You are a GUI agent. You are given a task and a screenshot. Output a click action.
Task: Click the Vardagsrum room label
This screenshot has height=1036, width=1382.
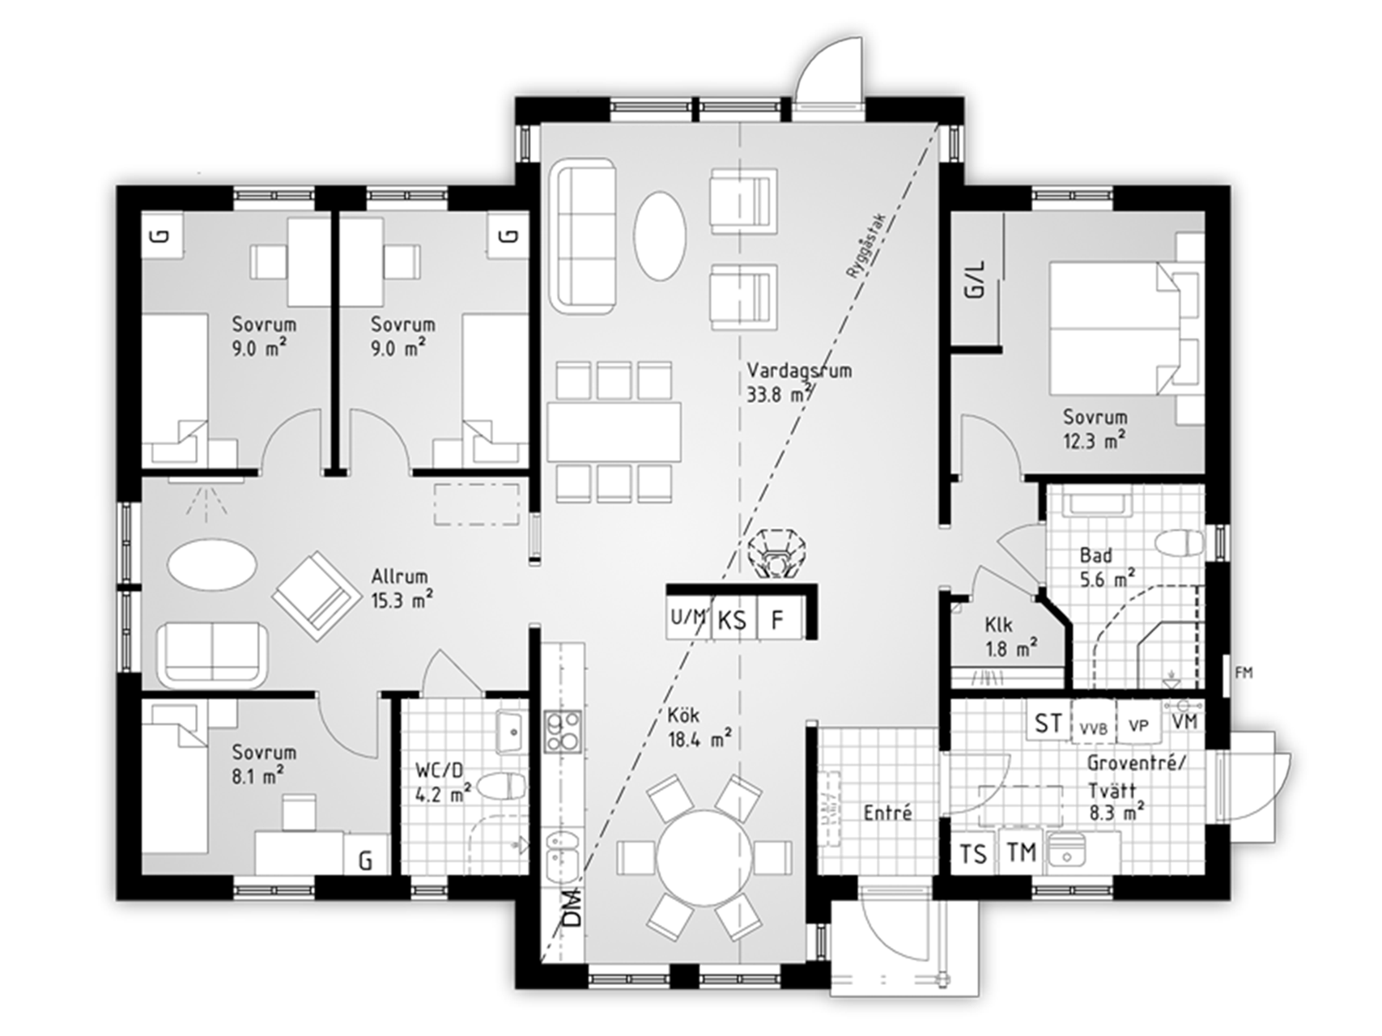(799, 372)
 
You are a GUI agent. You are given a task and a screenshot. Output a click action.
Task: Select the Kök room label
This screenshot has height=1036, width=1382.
(683, 716)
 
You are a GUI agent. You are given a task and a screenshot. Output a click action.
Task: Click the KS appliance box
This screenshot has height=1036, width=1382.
(733, 620)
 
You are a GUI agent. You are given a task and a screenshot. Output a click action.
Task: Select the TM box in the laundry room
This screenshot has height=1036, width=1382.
(1022, 852)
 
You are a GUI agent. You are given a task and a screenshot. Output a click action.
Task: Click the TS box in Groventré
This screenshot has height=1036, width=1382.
(974, 854)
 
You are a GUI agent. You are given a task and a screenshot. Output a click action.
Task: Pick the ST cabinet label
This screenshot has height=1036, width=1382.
(1049, 723)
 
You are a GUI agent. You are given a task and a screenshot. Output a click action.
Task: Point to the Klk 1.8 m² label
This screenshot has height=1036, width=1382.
(1012, 636)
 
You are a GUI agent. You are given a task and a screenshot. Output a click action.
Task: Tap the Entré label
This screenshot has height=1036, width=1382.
(888, 812)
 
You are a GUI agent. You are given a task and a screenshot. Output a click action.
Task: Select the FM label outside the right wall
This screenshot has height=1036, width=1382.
(1244, 673)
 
